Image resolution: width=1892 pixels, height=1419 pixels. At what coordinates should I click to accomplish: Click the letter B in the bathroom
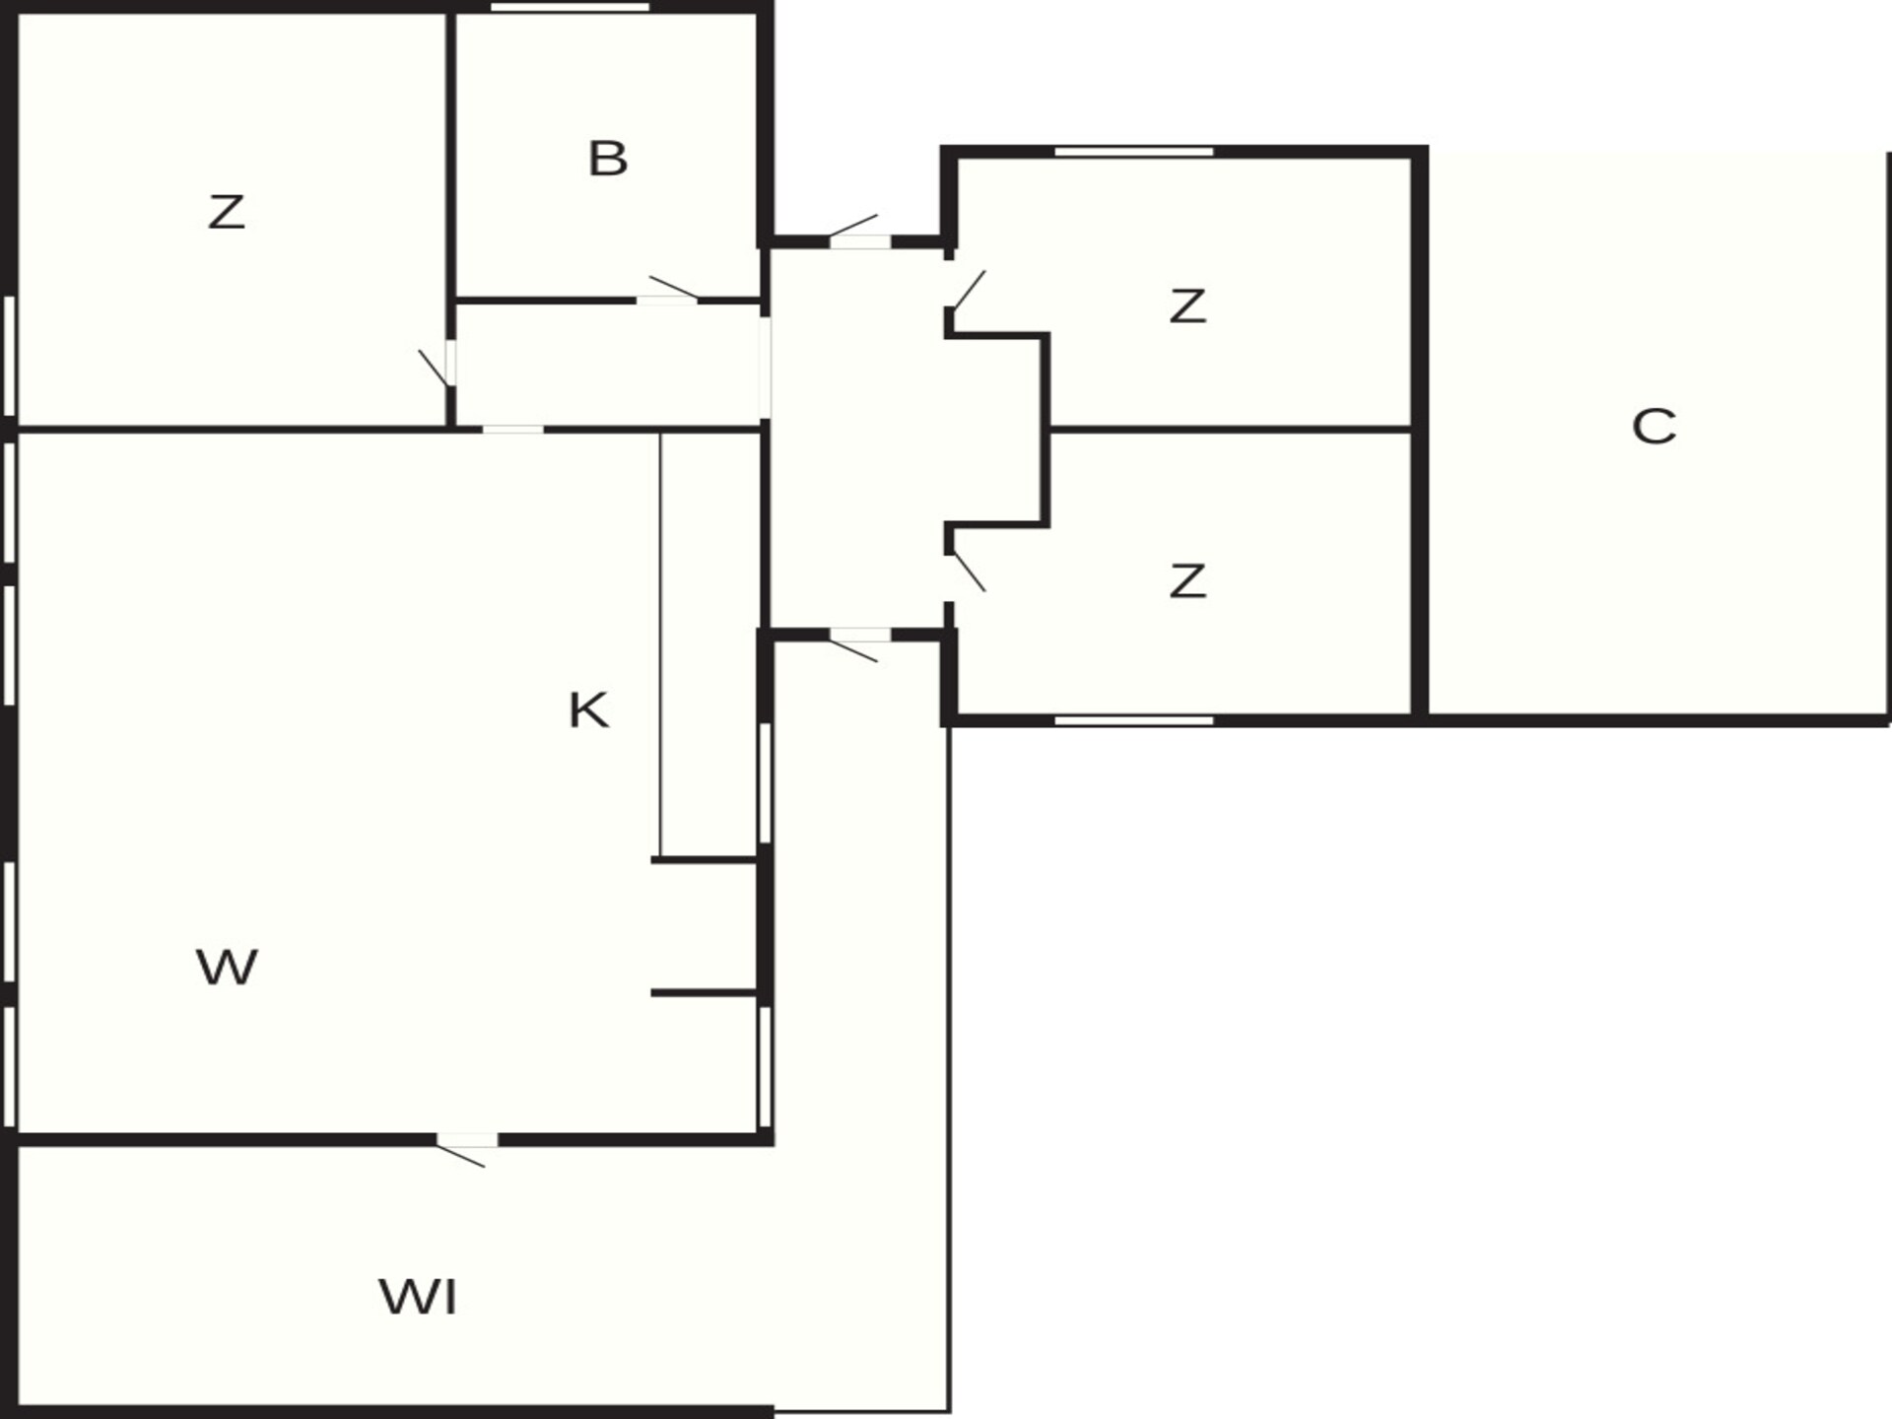click(607, 159)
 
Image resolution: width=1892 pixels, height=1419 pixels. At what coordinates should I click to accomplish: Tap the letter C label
click(1654, 427)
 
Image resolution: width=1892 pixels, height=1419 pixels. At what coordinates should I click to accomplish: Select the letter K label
click(588, 709)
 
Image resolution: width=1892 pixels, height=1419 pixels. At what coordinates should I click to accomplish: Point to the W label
click(227, 967)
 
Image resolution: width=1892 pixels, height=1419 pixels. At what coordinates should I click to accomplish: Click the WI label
click(418, 1297)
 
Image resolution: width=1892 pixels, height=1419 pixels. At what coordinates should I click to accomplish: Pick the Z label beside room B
click(226, 212)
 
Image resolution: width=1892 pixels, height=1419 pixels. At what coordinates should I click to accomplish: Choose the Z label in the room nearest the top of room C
click(1187, 305)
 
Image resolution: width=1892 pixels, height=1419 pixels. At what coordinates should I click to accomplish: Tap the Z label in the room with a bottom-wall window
click(1187, 580)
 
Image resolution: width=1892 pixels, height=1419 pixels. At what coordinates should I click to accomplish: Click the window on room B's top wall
click(571, 7)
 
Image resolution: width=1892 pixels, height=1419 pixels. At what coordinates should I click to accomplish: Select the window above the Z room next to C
click(1134, 152)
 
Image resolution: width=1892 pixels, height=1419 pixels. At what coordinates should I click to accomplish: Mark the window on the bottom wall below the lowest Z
click(1134, 721)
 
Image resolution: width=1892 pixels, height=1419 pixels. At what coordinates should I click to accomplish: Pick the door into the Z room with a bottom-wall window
click(968, 573)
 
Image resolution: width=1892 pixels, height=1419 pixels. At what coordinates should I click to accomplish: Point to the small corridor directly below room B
click(607, 365)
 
